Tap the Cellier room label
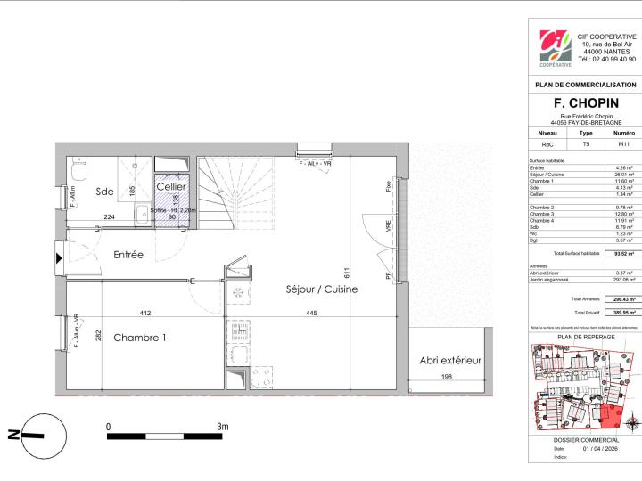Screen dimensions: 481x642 tap(171, 188)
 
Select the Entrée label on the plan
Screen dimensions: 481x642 tap(128, 255)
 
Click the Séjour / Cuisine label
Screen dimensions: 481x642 tap(322, 289)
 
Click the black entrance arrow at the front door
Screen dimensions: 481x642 tap(60, 259)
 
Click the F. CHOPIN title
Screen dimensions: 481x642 tap(585, 103)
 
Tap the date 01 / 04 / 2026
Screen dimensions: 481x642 tap(599, 448)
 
